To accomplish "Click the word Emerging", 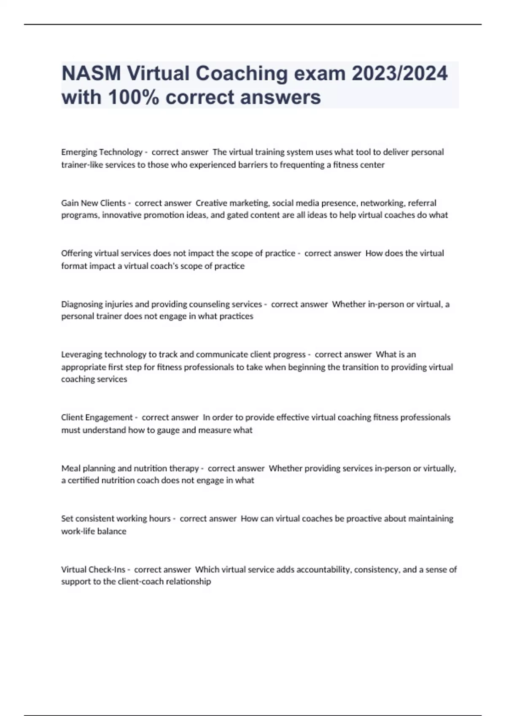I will pos(79,152).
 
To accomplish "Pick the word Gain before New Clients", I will pos(70,203).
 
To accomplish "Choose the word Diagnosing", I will pos(82,304).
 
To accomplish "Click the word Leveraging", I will pos(81,355).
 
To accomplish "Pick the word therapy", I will pos(184,468).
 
